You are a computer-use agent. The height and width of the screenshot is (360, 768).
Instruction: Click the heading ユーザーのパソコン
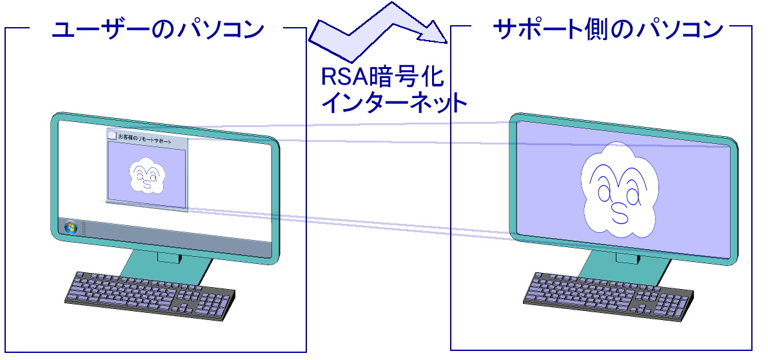157,30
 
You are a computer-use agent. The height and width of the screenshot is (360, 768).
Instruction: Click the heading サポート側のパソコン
607,30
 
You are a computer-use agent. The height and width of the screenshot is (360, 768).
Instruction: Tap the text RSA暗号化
383,78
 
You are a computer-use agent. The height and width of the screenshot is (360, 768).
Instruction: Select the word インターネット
393,103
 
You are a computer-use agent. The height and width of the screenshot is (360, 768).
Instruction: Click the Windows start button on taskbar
70,228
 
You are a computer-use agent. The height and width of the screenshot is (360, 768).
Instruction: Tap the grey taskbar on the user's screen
174,239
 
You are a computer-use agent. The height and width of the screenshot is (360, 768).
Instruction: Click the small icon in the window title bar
112,135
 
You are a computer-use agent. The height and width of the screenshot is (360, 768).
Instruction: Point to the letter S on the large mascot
619,214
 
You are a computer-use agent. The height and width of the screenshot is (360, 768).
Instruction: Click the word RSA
344,78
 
